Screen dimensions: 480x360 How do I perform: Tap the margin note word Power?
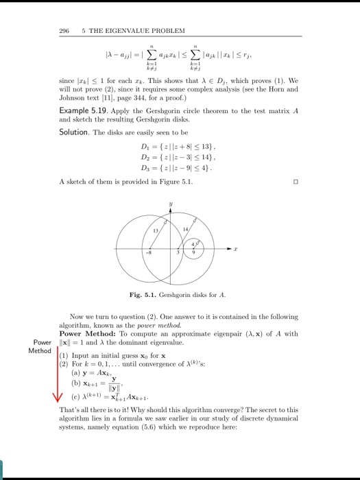click(x=42, y=342)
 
